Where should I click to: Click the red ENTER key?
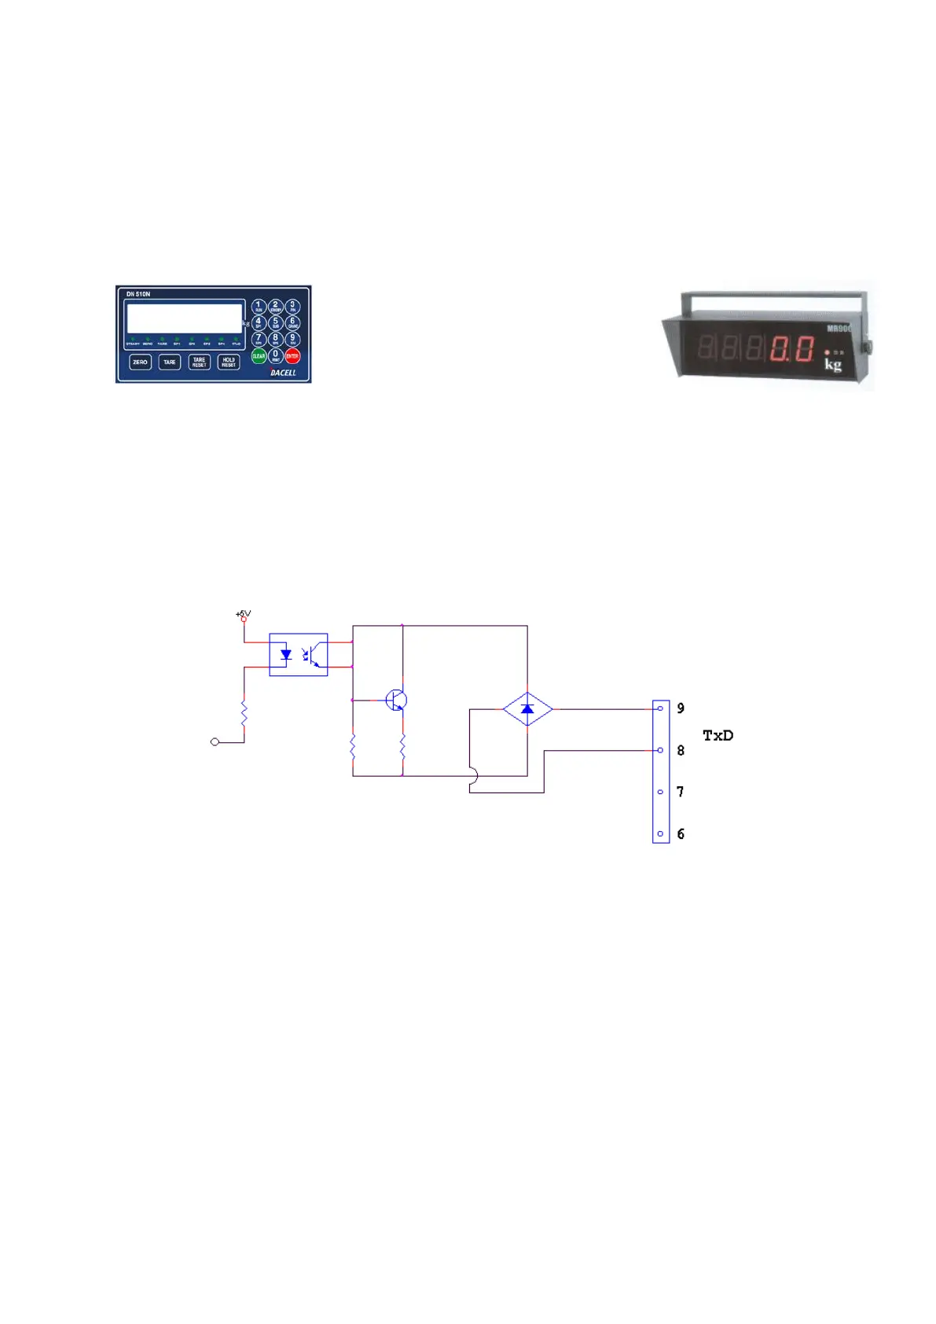[292, 356]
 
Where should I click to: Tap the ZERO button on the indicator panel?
[140, 362]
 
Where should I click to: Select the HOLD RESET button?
[229, 362]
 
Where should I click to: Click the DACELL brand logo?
[283, 373]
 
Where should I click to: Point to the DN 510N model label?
[138, 294]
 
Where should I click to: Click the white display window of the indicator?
[184, 318]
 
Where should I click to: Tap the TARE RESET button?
[199, 362]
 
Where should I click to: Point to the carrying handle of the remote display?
[773, 296]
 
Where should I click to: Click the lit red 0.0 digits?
[791, 348]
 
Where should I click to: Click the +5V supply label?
[243, 613]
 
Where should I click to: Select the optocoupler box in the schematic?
[299, 654]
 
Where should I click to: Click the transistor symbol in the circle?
[396, 700]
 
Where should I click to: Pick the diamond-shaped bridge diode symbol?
[527, 709]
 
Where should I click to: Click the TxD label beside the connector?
[718, 736]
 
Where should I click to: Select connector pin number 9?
[681, 708]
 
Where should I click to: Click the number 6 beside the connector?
[681, 834]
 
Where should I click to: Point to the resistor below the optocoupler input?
[244, 714]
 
